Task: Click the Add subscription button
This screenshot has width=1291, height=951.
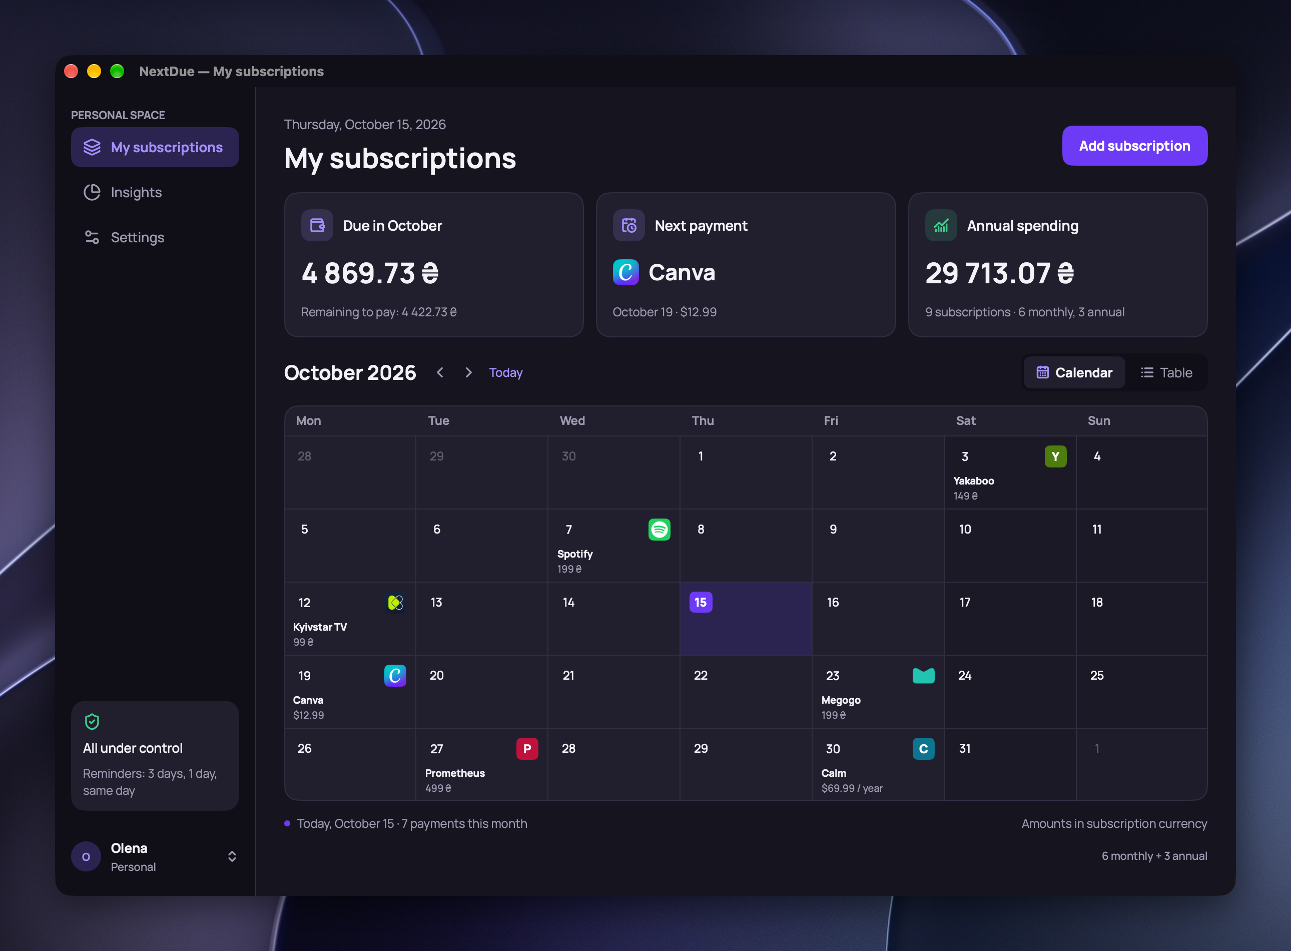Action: pyautogui.click(x=1134, y=146)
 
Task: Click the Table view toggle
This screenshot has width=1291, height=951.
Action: pyautogui.click(x=1167, y=372)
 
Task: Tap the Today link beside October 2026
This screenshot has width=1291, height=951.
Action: pyautogui.click(x=505, y=372)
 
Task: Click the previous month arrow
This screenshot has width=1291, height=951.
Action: pyautogui.click(x=440, y=372)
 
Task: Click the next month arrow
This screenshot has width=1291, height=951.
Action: pyautogui.click(x=468, y=372)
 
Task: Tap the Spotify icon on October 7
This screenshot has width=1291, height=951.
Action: pyautogui.click(x=659, y=529)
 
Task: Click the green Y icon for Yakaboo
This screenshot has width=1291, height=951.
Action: pyautogui.click(x=1055, y=456)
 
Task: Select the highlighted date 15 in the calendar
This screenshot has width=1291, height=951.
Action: pyautogui.click(x=701, y=602)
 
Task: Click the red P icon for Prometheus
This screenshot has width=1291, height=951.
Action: pyautogui.click(x=526, y=749)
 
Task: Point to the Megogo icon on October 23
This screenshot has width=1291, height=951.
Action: pyautogui.click(x=923, y=675)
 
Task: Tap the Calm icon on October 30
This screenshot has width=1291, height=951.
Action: pyautogui.click(x=923, y=749)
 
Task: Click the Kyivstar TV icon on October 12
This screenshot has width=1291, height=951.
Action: pyautogui.click(x=395, y=603)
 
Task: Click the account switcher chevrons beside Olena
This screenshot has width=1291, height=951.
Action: pyautogui.click(x=232, y=856)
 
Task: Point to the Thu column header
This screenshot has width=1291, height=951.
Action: pyautogui.click(x=702, y=421)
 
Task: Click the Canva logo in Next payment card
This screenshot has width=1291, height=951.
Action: pyautogui.click(x=625, y=272)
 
